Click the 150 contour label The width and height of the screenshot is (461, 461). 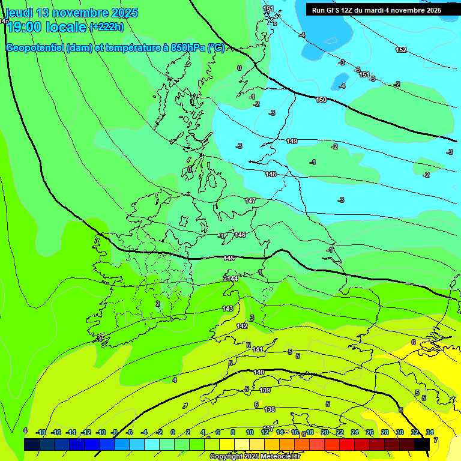coord(321,100)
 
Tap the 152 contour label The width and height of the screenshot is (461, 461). coord(401,50)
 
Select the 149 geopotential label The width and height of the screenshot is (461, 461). coord(292,141)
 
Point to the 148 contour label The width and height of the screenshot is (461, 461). coord(271,174)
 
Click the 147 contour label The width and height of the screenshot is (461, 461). coord(250,200)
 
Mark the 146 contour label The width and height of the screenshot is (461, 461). coord(240,235)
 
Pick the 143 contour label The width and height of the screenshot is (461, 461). coord(227,309)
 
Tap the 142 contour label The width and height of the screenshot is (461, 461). coord(242,326)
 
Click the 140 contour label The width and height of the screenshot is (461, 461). coord(259,373)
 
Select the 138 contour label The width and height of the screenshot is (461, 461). coord(270,409)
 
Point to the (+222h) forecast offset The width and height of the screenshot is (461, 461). coord(106,27)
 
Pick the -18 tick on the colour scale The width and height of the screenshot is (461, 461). coord(41,432)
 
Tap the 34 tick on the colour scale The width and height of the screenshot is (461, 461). coord(430,432)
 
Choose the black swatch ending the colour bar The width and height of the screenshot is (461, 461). coord(422,444)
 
